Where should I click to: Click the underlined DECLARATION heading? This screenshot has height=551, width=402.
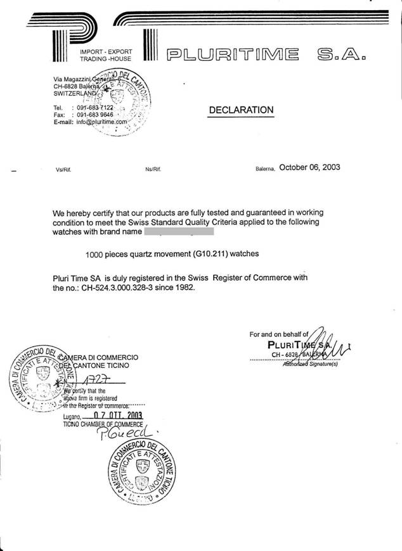241,110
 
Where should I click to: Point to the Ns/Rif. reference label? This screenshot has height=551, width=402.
154,170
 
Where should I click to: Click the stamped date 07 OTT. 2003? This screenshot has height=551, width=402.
117,415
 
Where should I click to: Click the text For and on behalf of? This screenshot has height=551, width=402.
279,334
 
